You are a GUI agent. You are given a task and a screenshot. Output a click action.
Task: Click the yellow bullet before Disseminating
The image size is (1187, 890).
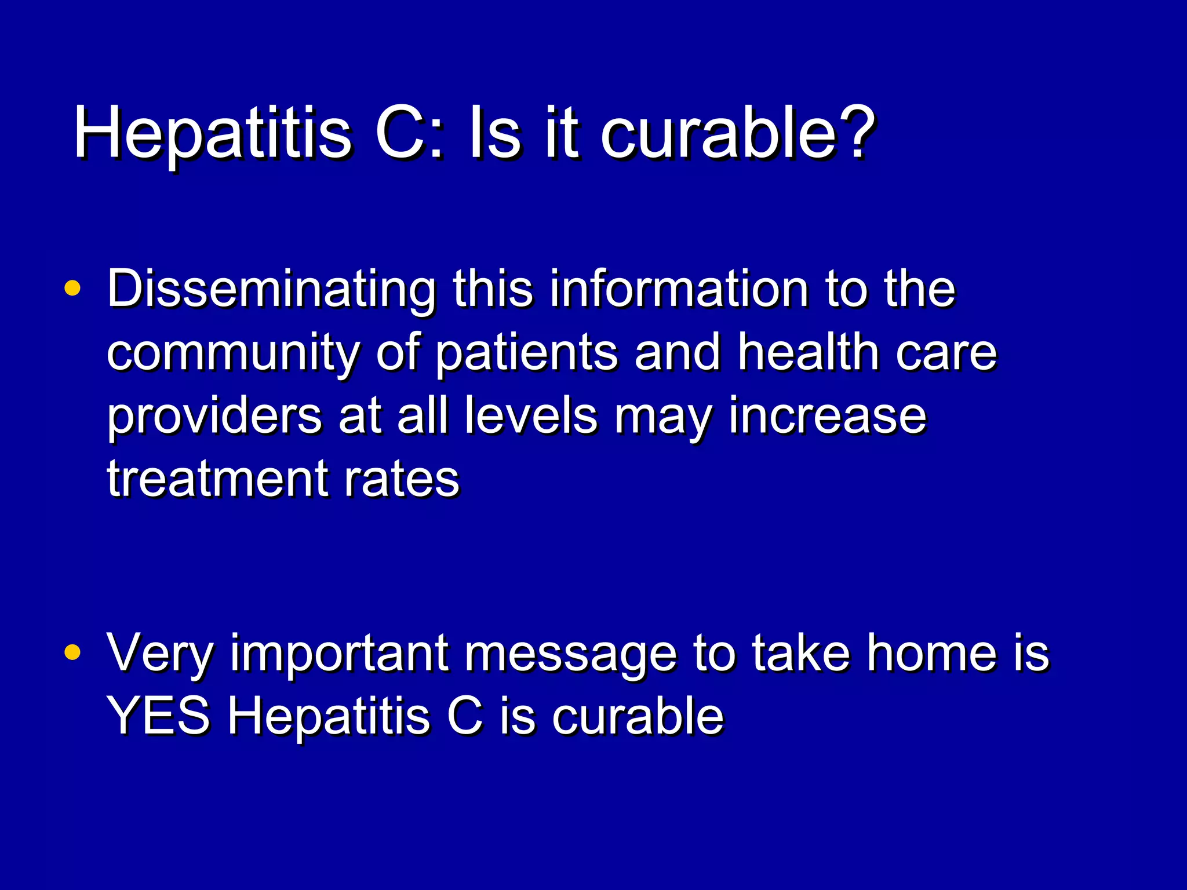pyautogui.click(x=72, y=288)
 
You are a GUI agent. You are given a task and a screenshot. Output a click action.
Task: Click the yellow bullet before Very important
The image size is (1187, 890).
pyautogui.click(x=72, y=652)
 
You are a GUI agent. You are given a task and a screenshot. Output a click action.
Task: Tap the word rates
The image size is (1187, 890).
pyautogui.click(x=402, y=480)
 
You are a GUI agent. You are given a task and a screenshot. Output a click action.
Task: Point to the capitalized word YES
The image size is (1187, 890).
pyautogui.click(x=158, y=716)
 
